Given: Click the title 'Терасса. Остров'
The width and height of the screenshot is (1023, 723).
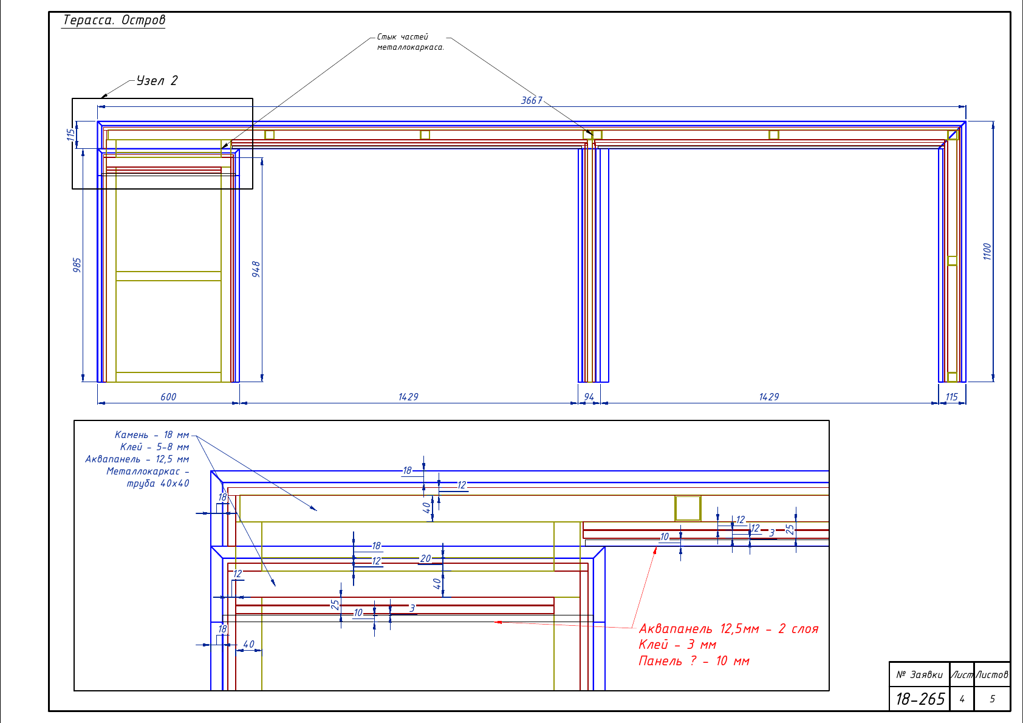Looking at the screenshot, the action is click(x=114, y=20).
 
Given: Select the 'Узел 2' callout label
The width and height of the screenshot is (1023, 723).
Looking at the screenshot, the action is click(x=157, y=81).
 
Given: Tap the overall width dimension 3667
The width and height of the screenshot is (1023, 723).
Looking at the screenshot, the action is click(x=532, y=100).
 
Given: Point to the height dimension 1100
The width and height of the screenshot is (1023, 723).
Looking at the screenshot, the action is click(x=987, y=251).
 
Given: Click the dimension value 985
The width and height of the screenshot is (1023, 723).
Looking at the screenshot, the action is click(x=77, y=265).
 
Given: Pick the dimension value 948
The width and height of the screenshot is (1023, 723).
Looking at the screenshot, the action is click(x=256, y=269).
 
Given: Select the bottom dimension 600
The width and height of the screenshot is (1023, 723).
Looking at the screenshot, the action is click(x=168, y=397).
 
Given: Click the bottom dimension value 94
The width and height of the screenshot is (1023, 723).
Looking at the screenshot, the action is click(x=589, y=397).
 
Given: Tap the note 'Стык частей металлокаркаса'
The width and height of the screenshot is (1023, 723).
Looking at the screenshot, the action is click(x=410, y=42).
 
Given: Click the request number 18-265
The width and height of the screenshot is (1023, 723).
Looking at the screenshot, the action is click(x=920, y=699).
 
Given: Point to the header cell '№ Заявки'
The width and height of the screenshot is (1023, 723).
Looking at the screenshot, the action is click(x=919, y=674).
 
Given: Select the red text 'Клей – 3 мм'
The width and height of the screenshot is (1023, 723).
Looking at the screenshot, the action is click(x=677, y=645).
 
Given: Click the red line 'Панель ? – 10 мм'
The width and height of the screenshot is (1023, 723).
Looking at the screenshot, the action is click(x=694, y=661).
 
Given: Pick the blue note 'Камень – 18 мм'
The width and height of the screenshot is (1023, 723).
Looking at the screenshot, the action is click(x=152, y=434).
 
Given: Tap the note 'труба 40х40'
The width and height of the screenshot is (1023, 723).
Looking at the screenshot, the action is click(x=157, y=483).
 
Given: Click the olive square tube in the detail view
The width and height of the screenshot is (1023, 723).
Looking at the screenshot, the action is click(x=688, y=508).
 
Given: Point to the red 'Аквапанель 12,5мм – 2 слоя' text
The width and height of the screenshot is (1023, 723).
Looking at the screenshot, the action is click(x=728, y=629).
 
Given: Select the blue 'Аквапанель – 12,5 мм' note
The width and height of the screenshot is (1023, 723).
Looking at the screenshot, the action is click(x=137, y=459).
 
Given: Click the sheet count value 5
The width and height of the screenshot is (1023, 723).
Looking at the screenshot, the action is click(x=992, y=699).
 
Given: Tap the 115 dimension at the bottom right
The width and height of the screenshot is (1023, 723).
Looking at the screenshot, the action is click(x=951, y=397).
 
